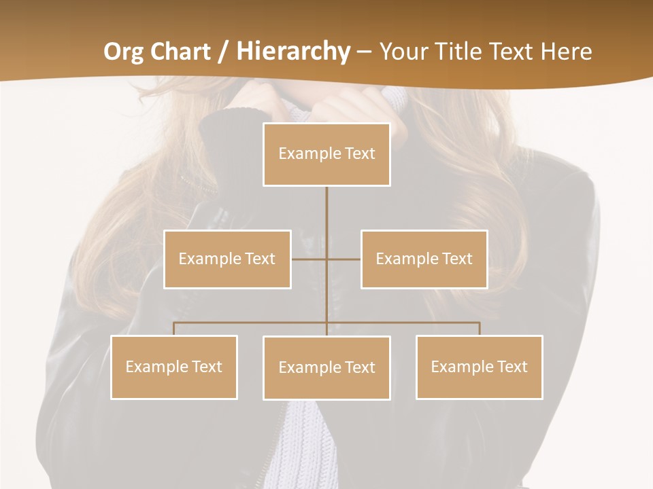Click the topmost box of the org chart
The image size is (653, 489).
coord(326,154)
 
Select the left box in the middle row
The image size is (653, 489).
coord(227,259)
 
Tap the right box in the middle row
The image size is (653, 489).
coord(424,259)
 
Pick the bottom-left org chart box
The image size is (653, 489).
coord(173,367)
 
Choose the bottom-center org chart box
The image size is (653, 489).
coord(326,367)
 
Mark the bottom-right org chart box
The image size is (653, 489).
coord(479,367)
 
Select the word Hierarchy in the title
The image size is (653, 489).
coord(293,52)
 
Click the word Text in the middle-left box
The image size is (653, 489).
coord(260,259)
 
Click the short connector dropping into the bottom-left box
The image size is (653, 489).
coord(174,329)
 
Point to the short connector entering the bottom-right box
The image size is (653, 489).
coord(480,329)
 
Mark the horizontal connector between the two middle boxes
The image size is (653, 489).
coord(326,259)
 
